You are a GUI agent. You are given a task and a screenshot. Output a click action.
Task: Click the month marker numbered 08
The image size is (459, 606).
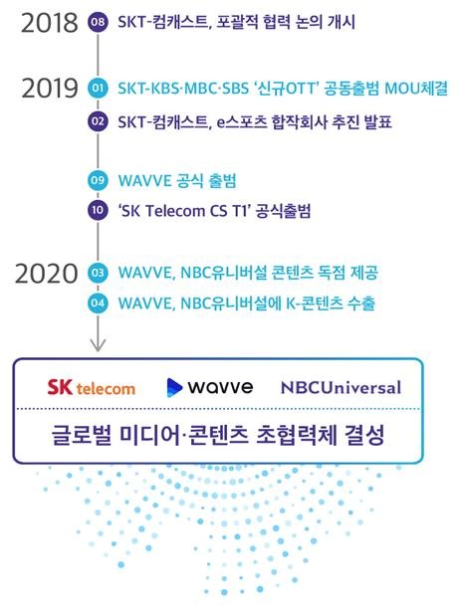97,22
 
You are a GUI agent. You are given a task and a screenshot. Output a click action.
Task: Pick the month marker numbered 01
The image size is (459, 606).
97,89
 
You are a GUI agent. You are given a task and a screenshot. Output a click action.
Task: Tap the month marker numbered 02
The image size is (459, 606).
97,120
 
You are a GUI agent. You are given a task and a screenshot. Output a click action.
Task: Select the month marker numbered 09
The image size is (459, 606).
97,180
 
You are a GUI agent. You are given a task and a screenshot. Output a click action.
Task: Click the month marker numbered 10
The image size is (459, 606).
97,211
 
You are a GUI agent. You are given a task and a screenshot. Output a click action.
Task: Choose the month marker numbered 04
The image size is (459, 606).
97,303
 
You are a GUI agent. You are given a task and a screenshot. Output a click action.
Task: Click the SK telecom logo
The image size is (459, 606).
92,386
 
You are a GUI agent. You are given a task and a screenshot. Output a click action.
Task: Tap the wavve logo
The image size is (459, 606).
208,386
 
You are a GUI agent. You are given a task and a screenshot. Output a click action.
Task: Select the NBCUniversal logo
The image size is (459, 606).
341,387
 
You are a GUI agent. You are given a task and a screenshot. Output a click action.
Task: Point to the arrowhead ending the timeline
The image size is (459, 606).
97,344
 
